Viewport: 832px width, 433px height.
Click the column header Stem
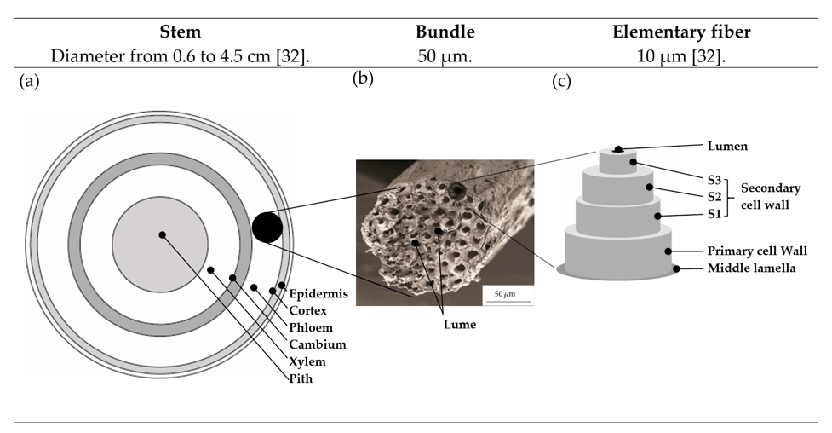[x=181, y=32]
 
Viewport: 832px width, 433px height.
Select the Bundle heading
[x=445, y=32]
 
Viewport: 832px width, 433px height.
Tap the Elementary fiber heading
[x=682, y=32]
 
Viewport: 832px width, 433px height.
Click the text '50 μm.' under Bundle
[x=445, y=55]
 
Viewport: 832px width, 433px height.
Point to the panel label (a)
[x=29, y=81]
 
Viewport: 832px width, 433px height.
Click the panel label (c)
[x=561, y=81]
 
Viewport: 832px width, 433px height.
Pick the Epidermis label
[x=318, y=294]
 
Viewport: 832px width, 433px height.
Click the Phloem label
[x=311, y=328]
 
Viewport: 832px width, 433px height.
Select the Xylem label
[x=307, y=361]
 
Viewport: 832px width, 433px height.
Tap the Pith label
[x=301, y=378]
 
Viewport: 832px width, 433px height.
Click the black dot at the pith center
[x=163, y=235]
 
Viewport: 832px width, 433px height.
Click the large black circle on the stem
[x=267, y=228]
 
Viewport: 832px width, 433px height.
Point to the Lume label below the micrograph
[x=460, y=324]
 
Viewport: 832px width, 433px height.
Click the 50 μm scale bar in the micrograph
[x=508, y=302]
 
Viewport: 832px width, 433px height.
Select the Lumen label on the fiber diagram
[x=727, y=146]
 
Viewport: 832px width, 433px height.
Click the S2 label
[x=714, y=197]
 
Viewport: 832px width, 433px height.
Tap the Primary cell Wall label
[x=757, y=251]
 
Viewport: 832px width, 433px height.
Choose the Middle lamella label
[x=751, y=268]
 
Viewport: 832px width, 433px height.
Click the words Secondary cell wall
[x=771, y=197]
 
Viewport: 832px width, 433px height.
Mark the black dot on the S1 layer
[x=658, y=216]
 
